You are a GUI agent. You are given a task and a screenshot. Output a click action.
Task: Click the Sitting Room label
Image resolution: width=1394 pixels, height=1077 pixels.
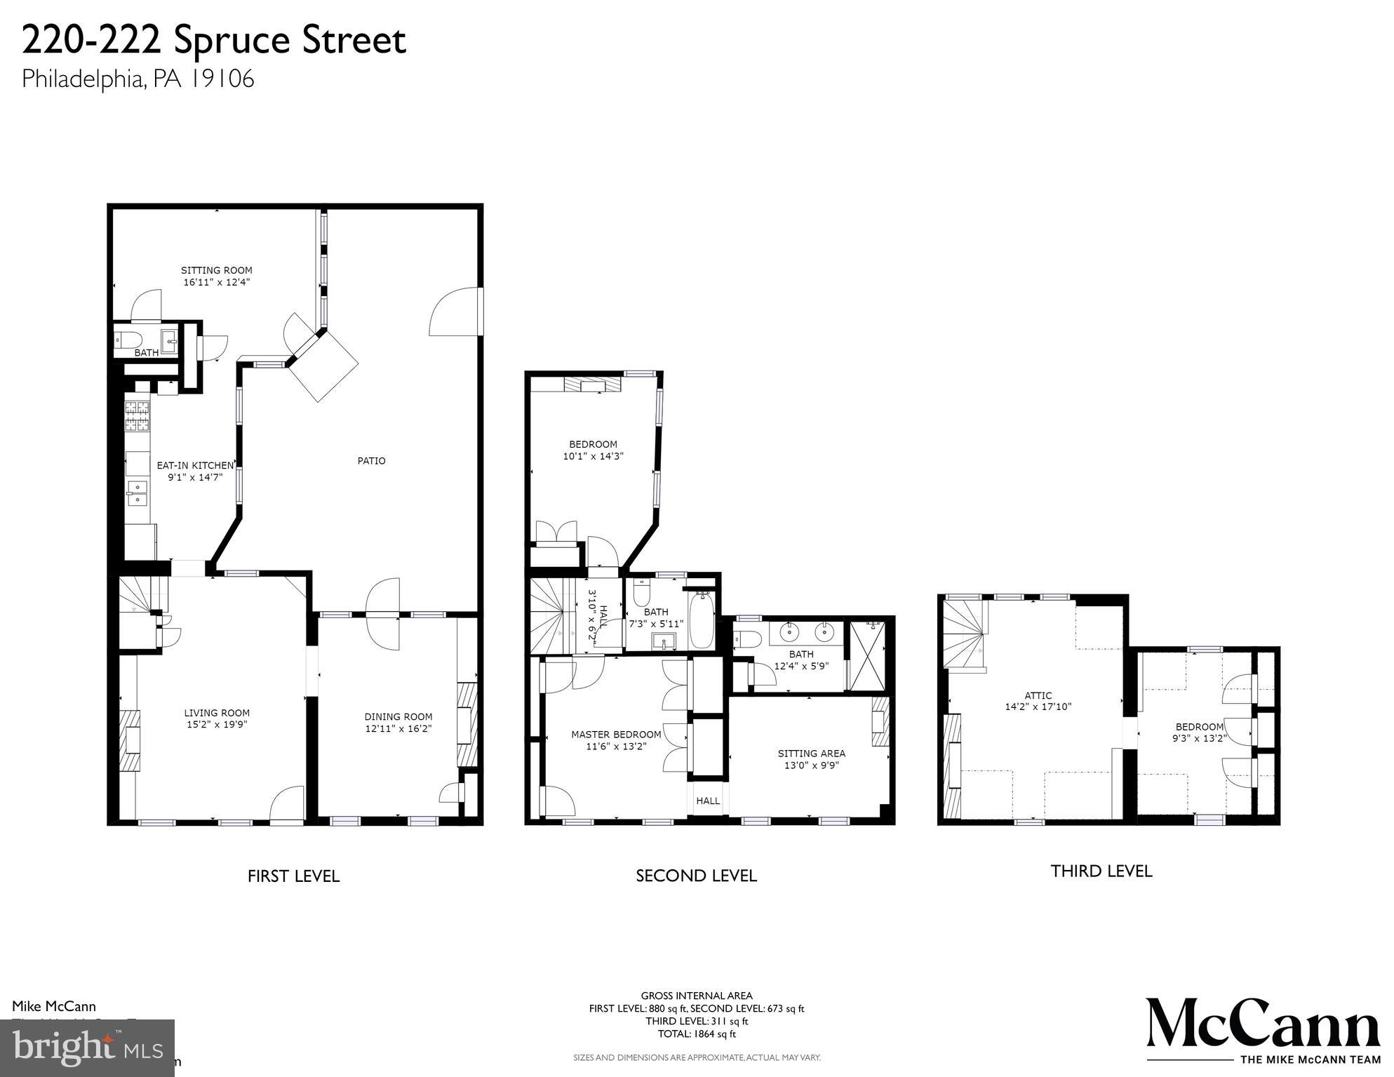click(216, 270)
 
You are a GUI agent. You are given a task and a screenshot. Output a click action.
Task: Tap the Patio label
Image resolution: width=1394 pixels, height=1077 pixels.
click(371, 461)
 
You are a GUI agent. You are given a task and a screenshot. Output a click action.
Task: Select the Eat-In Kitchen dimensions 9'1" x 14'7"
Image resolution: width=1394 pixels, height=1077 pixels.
click(195, 477)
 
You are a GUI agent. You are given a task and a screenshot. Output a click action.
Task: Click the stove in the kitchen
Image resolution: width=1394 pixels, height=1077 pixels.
click(138, 415)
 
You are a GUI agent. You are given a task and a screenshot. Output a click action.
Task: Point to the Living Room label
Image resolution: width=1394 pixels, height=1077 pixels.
click(217, 713)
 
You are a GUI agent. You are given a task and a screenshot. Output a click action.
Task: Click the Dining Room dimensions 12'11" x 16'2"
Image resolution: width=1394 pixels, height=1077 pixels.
click(398, 729)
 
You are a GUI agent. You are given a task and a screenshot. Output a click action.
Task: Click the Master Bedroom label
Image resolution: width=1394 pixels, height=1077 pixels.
click(615, 735)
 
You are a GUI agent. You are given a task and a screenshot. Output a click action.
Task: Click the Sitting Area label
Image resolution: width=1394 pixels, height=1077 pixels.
click(811, 754)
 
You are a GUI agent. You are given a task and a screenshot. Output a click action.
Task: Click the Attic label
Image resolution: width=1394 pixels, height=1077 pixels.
click(1038, 695)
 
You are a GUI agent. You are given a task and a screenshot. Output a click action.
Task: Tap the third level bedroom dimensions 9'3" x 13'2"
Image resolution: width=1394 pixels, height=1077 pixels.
click(1199, 738)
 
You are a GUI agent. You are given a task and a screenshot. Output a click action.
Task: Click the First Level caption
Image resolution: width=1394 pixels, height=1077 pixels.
click(293, 876)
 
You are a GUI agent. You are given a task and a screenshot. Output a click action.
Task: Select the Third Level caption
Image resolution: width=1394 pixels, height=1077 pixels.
click(1101, 871)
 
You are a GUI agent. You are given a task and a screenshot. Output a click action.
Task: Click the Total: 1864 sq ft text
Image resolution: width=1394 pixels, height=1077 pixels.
click(696, 1033)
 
